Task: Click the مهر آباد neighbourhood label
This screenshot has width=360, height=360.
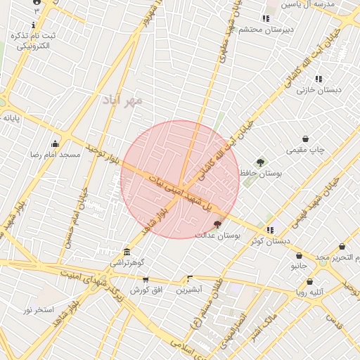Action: click(x=122, y=100)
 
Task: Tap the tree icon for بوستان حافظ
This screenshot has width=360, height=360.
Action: click(x=261, y=162)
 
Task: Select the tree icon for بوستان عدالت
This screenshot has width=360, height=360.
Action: click(x=217, y=224)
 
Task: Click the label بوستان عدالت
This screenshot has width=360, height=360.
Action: click(x=219, y=236)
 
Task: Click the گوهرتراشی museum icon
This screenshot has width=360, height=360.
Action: click(x=127, y=252)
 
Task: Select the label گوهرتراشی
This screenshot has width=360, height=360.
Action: click(x=127, y=262)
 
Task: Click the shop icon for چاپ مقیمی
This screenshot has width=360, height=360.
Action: click(x=305, y=139)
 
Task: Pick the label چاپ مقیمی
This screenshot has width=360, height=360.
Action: click(x=306, y=150)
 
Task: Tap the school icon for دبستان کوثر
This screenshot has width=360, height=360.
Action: click(x=270, y=230)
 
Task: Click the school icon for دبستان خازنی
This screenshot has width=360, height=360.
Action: click(x=319, y=79)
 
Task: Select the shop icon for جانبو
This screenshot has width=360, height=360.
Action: click(x=300, y=256)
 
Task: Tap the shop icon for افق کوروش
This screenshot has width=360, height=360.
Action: click(x=146, y=279)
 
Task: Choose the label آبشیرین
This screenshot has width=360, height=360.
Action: click(x=189, y=289)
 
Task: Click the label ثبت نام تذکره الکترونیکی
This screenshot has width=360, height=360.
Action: click(x=34, y=41)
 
